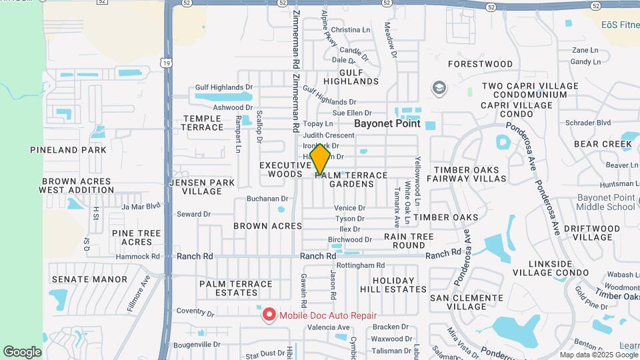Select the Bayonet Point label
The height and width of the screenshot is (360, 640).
387,123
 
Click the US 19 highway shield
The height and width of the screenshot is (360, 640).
164,62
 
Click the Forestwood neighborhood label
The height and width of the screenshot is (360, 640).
480,64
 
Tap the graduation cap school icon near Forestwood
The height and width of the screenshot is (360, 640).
439,87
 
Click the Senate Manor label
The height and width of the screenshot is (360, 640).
89,279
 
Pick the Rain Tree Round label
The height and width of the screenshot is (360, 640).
409,241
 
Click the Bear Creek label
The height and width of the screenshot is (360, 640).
603,144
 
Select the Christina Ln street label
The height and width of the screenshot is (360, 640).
350,30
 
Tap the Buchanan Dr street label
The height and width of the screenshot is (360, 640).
267,199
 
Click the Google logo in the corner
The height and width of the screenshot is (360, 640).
22,352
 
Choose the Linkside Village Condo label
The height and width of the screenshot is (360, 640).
550,269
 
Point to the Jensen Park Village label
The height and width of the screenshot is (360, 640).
202,187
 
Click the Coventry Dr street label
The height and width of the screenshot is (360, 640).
193,311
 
